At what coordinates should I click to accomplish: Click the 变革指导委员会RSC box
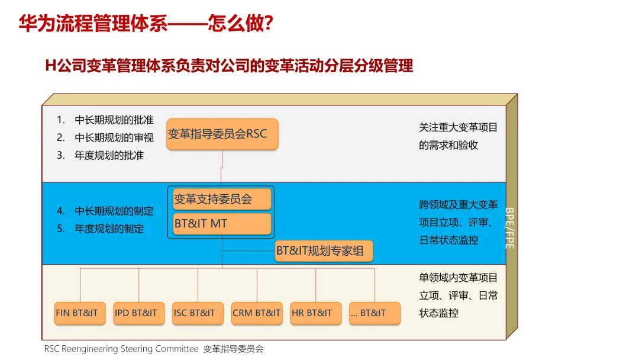222,134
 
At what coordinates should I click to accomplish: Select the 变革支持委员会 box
222,200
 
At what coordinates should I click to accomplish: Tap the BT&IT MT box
222,224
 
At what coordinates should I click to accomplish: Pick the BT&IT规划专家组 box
324,250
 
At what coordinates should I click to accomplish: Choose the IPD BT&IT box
138,313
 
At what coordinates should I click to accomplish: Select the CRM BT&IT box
257,313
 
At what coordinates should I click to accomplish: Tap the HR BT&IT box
316,313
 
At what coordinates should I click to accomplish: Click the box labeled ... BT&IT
375,313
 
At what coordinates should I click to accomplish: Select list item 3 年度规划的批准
101,156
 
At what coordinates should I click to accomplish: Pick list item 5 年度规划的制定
101,229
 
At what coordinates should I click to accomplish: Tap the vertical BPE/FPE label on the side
509,227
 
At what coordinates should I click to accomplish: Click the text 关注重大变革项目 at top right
458,127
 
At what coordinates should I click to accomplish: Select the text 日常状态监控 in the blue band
448,240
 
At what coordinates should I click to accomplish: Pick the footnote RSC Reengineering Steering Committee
121,349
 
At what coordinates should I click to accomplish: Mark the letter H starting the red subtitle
50,66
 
